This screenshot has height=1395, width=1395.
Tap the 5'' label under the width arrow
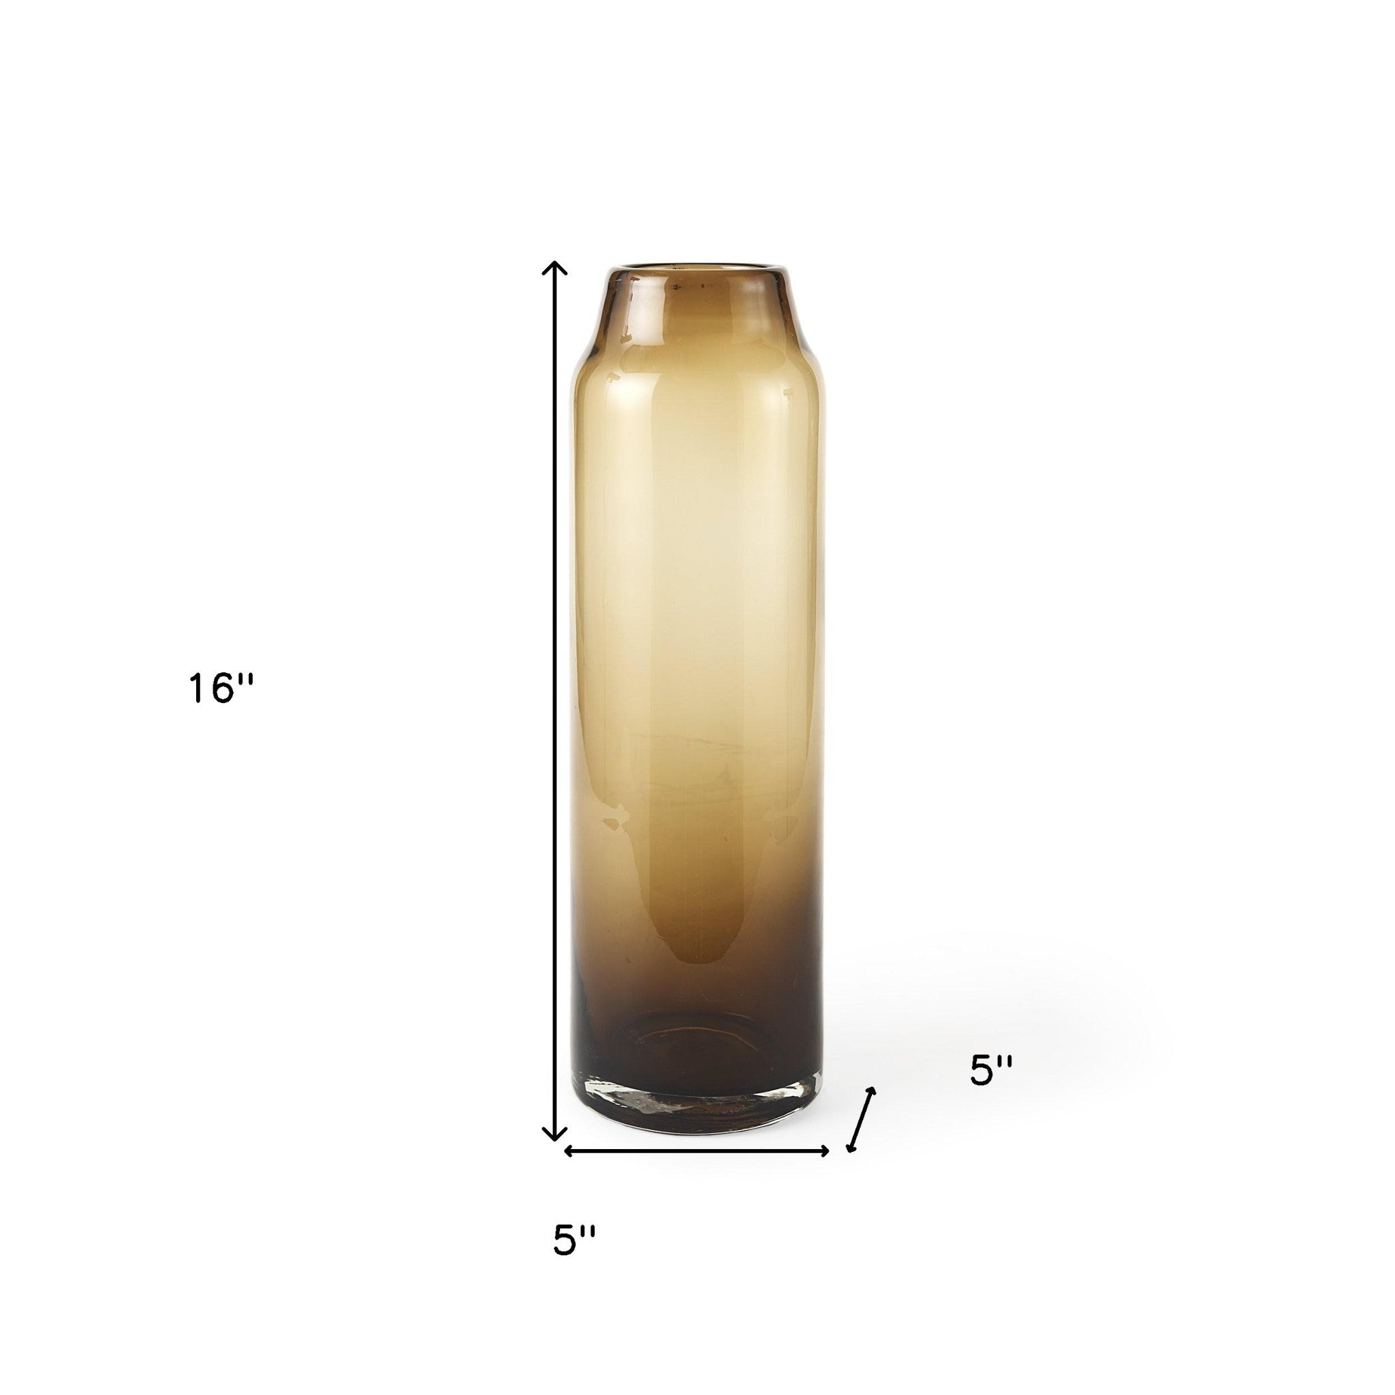point(575,1240)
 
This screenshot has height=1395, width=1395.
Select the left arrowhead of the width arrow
point(568,1171)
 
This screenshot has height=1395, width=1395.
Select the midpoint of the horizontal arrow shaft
point(696,1171)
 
